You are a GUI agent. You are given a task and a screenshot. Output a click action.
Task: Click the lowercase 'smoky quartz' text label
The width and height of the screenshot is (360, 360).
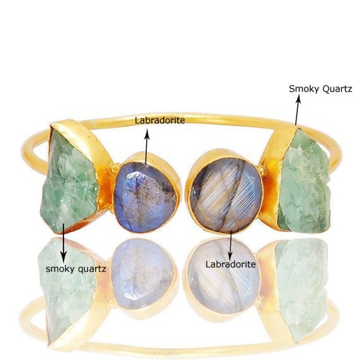tap(75, 268)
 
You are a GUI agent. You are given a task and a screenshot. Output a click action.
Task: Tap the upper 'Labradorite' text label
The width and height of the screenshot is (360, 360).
tap(160, 120)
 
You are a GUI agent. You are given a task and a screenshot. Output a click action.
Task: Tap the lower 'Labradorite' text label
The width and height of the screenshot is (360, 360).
tap(231, 264)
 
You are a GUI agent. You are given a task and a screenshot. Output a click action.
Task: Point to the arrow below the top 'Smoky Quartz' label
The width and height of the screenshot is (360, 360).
tap(298, 109)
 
